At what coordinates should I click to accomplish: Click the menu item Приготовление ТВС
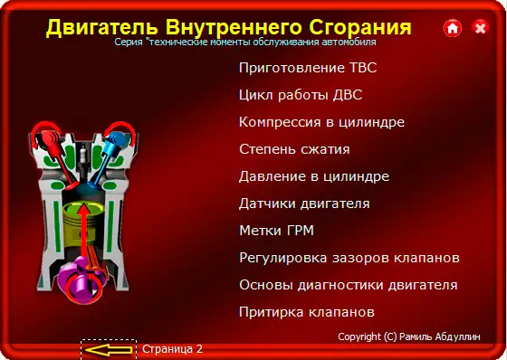[x=307, y=68]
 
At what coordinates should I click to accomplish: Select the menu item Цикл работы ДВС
[x=300, y=95]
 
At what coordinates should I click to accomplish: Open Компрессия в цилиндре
[x=321, y=122]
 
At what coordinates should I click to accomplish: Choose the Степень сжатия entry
[x=294, y=149]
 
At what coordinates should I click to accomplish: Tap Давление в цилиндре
[x=314, y=176]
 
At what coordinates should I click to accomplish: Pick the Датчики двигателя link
[x=304, y=204]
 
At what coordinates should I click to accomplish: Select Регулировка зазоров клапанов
[x=349, y=258]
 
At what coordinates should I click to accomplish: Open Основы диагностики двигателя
[x=348, y=285]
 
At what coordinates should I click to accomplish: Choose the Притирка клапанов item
[x=306, y=312]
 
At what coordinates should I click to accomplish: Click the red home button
[x=452, y=29]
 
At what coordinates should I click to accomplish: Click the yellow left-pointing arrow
[x=109, y=348]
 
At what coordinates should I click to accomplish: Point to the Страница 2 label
[x=172, y=348]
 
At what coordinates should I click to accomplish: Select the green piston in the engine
[x=82, y=218]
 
